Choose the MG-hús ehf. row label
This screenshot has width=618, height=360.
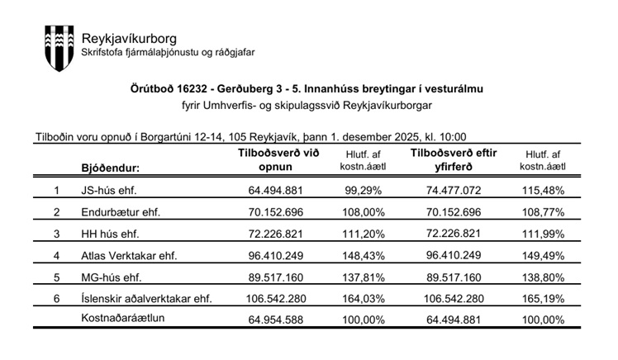coord(111,276)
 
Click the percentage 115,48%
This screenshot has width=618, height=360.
coord(543,190)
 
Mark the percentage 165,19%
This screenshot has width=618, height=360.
coord(543,297)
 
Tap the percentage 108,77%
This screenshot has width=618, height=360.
coord(543,211)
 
